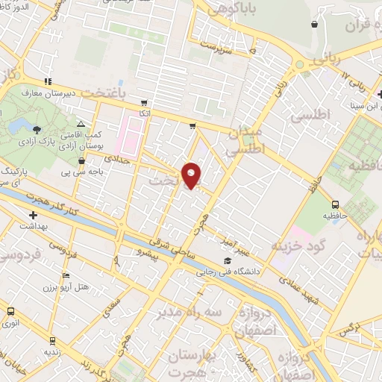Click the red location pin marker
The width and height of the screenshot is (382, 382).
pyautogui.click(x=192, y=175)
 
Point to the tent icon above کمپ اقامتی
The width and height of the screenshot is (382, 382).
pyautogui.click(x=81, y=124)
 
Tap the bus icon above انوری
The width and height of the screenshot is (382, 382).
pyautogui.click(x=10, y=311)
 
